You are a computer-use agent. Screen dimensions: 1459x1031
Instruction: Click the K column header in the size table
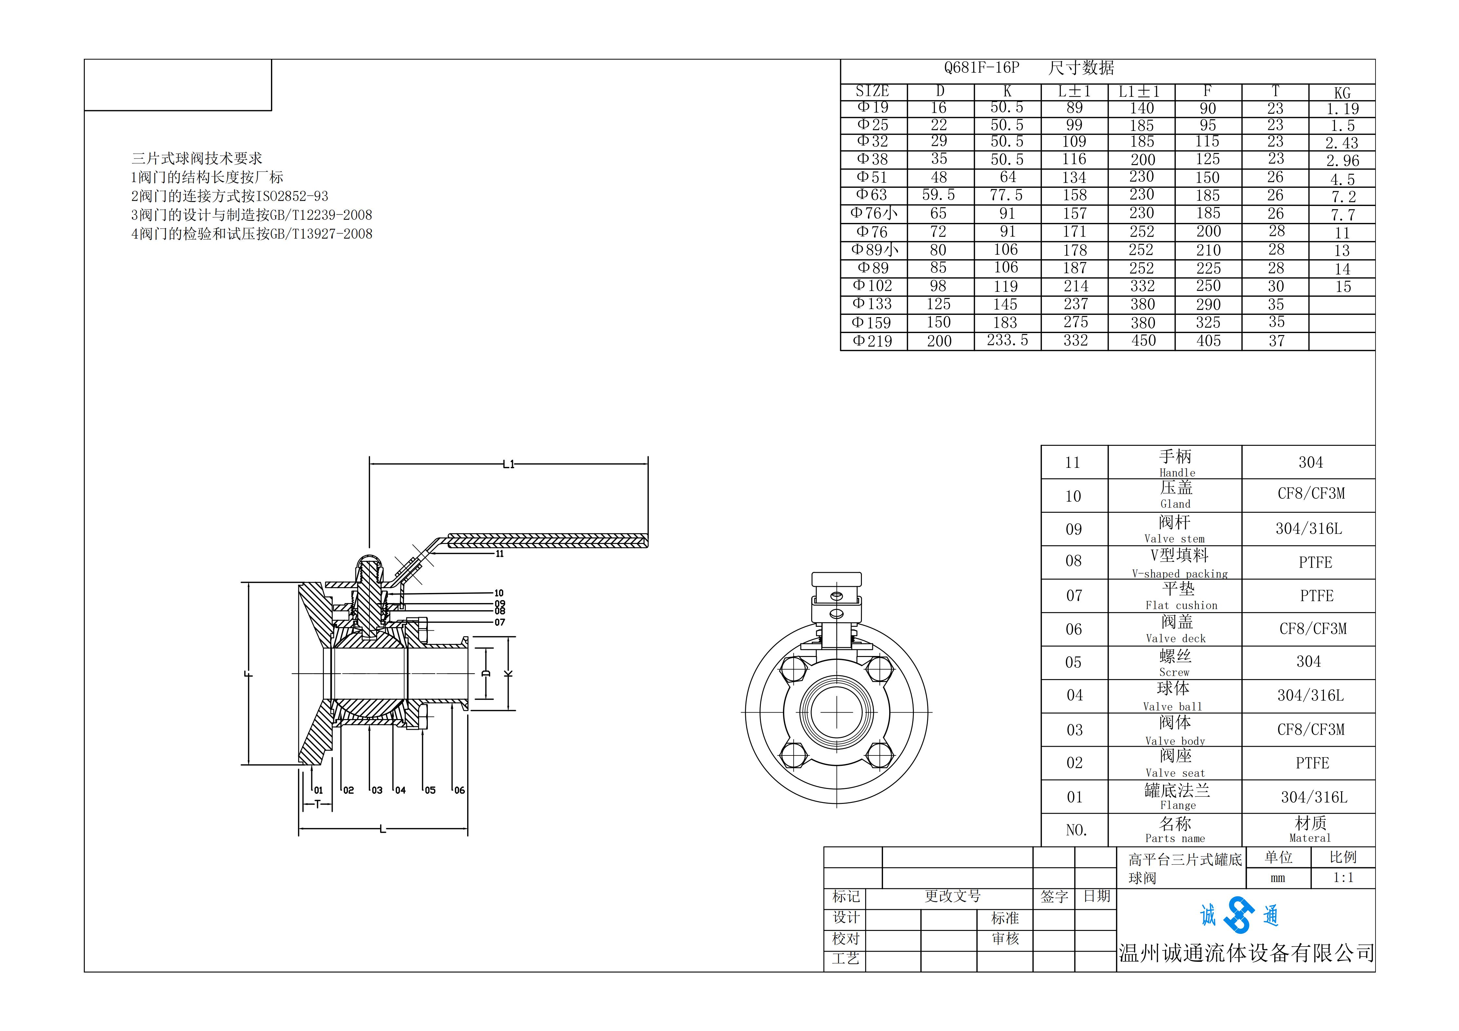point(1007,92)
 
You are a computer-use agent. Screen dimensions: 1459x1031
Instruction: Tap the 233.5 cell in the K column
point(1007,341)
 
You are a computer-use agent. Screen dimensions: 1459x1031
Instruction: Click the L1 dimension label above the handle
point(508,465)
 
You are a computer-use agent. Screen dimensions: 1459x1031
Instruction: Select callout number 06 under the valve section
point(459,790)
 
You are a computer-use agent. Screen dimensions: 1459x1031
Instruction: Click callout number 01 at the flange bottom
point(318,790)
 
